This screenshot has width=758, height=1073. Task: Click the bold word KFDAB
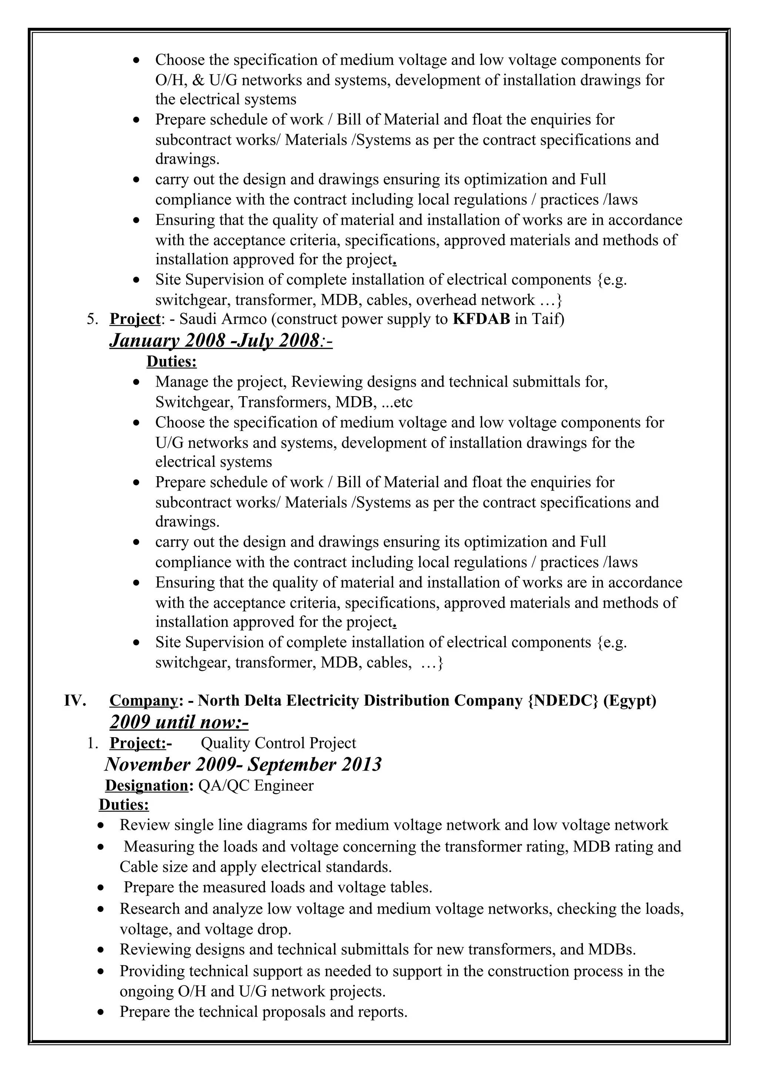coord(482,319)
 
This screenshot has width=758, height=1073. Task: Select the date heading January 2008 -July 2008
coord(221,341)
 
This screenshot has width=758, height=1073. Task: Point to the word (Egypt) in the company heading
coord(630,701)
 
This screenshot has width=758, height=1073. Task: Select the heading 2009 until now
coord(179,722)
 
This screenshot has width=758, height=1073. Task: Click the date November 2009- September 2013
coord(243,765)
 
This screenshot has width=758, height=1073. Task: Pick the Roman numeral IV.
coord(75,701)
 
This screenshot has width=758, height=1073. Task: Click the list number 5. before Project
coord(93,320)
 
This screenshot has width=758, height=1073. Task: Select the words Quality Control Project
coord(278,743)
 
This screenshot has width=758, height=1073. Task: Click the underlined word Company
coord(143,701)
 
